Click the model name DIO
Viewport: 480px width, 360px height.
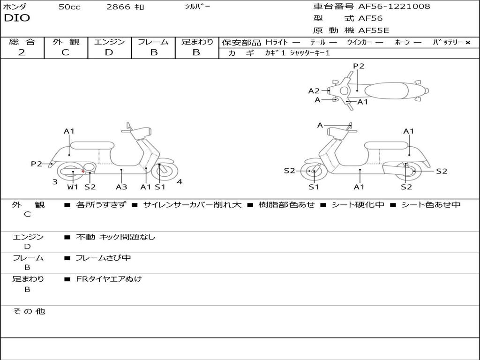click(17, 18)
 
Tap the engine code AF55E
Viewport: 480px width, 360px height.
click(374, 31)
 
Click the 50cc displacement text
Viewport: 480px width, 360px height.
click(69, 7)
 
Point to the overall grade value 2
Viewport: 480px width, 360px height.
click(22, 52)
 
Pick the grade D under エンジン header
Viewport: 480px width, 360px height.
click(109, 52)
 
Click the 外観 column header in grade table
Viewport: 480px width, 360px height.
click(66, 42)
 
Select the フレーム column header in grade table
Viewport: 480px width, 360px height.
click(153, 42)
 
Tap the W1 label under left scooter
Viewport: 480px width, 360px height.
click(73, 187)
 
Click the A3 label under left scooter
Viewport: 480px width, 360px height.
click(121, 187)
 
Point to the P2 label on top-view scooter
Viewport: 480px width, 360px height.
click(359, 66)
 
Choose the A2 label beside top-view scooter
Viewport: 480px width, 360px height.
click(314, 91)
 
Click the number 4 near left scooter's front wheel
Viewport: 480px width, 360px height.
click(180, 181)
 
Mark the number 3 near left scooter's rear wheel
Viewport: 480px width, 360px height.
click(55, 181)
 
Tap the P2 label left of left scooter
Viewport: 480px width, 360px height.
click(37, 164)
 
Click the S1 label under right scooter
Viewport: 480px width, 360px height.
click(314, 187)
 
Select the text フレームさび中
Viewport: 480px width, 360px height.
click(103, 258)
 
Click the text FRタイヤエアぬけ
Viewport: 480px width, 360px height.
click(109, 279)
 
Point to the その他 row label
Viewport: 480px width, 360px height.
click(29, 311)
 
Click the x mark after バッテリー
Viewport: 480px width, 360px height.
click(467, 42)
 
